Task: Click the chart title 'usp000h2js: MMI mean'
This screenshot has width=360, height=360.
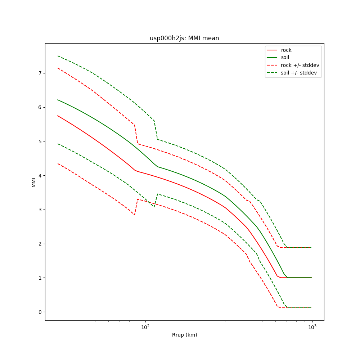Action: pos(184,38)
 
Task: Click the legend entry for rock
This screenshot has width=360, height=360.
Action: pos(286,50)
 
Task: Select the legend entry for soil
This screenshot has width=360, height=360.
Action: pos(286,58)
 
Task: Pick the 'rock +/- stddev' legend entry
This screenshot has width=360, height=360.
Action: pos(300,65)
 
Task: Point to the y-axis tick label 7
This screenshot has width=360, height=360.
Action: pos(40,73)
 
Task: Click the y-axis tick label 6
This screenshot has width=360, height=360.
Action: pos(40,107)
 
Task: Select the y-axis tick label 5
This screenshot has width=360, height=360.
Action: pos(40,141)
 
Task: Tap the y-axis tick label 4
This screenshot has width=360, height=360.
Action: pos(40,176)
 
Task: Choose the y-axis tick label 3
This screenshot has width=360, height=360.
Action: pos(40,210)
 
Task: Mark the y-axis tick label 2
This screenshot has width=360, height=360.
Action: pos(40,244)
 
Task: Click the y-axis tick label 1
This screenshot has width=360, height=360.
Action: pos(40,278)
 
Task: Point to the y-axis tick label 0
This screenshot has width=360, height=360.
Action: pos(40,312)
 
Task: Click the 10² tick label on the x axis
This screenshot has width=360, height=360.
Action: pos(145,327)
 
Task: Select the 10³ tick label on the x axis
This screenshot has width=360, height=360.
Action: pos(312,327)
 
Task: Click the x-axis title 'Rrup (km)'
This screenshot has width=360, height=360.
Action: pos(184,335)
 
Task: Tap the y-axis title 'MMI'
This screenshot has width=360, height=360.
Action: pos(33,182)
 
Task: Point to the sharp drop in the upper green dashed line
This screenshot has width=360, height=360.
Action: pos(156,130)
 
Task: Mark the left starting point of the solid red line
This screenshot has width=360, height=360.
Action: pos(58,116)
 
